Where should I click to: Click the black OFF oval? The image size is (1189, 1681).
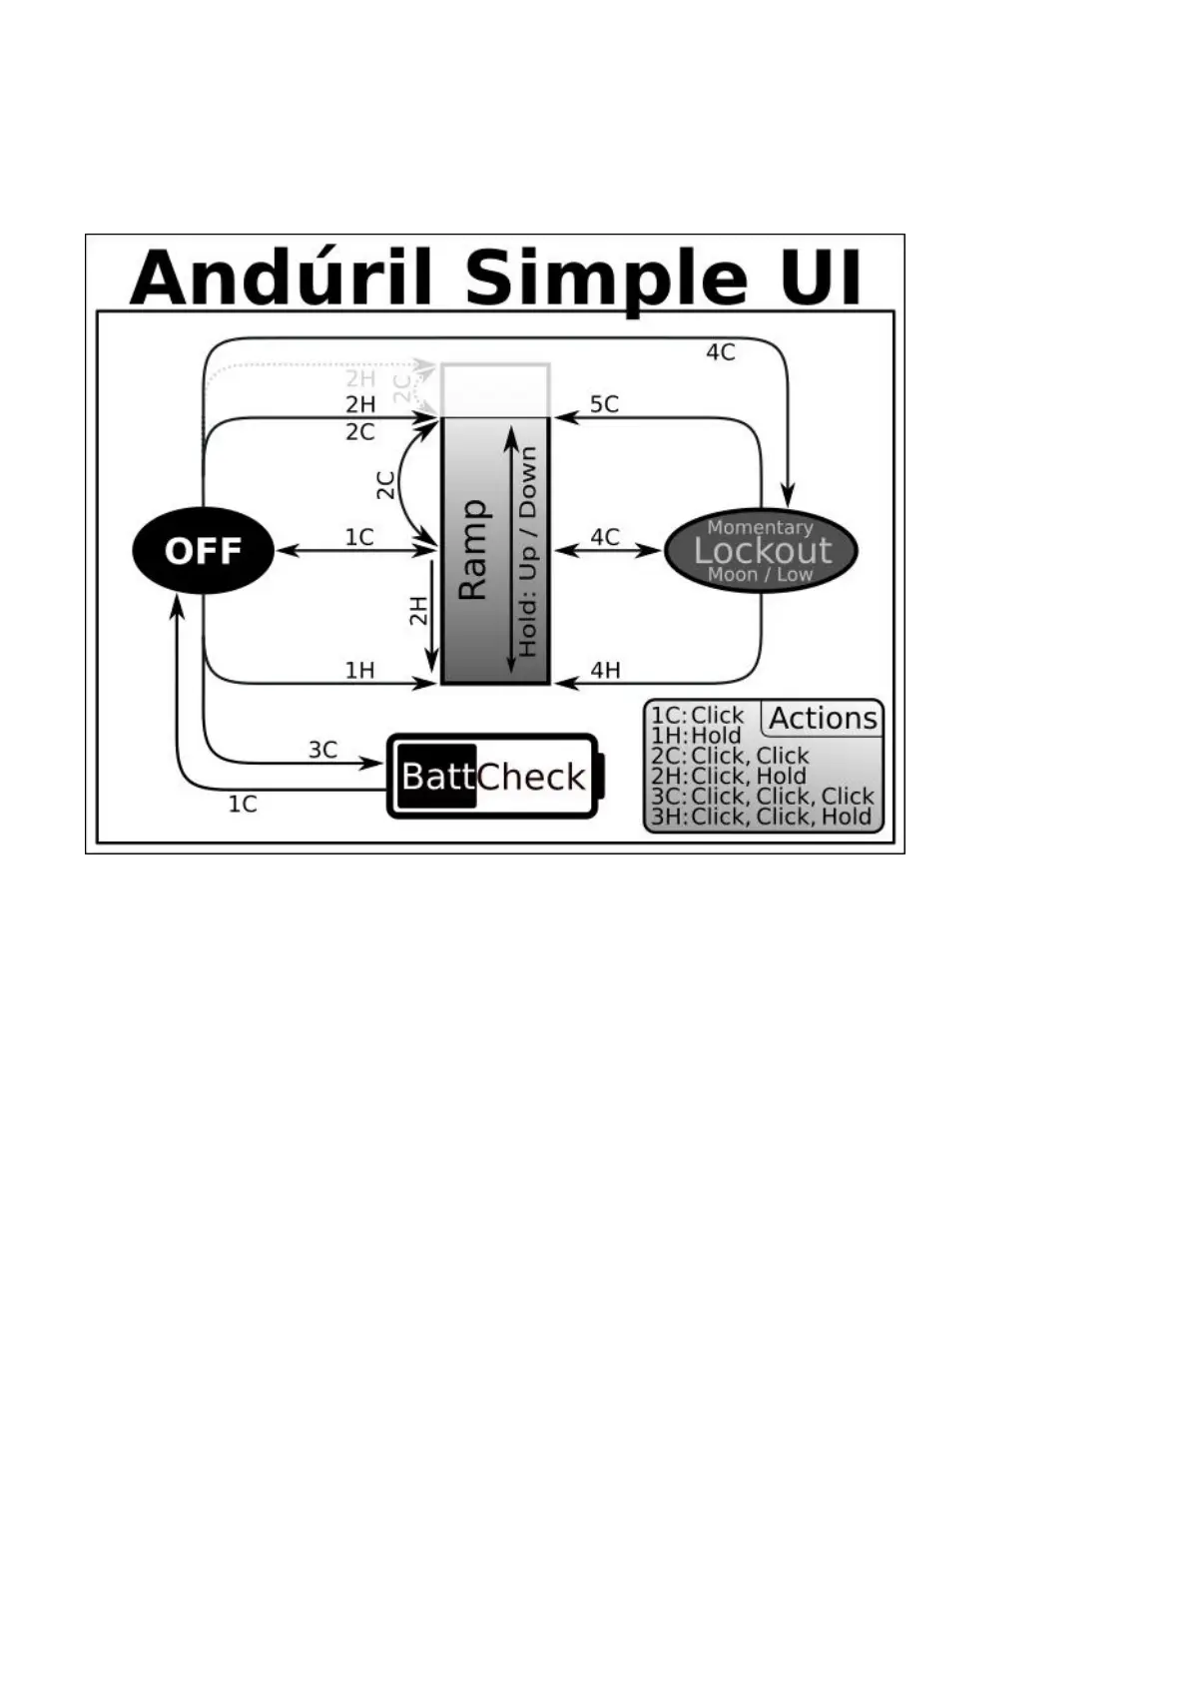coord(203,550)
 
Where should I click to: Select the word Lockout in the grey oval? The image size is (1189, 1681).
coord(763,550)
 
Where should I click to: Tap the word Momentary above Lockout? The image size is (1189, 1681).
coord(760,527)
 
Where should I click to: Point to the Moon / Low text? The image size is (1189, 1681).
coord(760,575)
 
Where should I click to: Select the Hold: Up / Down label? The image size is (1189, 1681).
coord(527,551)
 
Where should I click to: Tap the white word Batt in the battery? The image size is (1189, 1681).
coord(437,777)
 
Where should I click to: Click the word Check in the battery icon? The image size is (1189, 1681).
coord(531,777)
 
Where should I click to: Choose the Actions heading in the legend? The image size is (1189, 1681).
coord(823,719)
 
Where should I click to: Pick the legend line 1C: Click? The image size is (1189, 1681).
coord(697,716)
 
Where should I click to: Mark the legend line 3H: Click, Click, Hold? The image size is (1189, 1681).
coord(761,817)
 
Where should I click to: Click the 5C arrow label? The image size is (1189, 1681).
coord(604,404)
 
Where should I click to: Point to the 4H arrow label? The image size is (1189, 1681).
coord(605,670)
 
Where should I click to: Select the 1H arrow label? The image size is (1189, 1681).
coord(359,670)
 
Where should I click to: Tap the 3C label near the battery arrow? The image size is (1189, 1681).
coord(322,750)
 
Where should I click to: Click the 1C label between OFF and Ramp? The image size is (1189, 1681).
coord(359,538)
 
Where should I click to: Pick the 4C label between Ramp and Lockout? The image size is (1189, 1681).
coord(605,538)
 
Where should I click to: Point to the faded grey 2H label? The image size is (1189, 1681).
coord(360,379)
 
